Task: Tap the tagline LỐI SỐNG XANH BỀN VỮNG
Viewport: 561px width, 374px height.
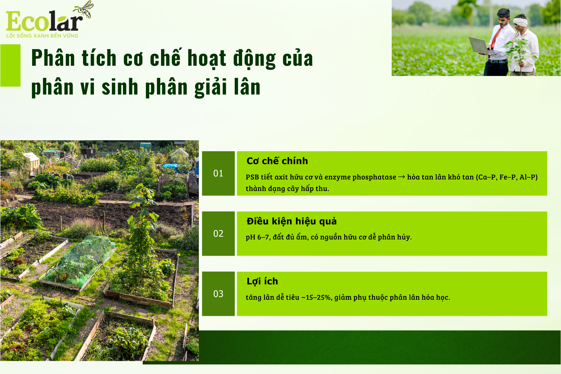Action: tap(42, 36)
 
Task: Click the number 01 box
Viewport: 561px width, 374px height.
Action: tap(218, 173)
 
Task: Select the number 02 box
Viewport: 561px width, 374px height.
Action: tap(218, 234)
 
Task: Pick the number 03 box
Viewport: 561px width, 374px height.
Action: tap(218, 294)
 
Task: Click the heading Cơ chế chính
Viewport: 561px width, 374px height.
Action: tap(277, 161)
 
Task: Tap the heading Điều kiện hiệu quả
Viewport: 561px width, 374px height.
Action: tap(292, 221)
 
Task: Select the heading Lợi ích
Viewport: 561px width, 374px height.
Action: tap(262, 281)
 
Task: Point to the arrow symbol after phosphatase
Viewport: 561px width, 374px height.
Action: tap(402, 177)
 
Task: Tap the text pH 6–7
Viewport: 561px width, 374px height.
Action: tap(258, 237)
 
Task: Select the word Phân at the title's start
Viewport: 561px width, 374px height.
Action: tap(53, 58)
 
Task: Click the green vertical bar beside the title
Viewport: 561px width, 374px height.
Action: tap(10, 65)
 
